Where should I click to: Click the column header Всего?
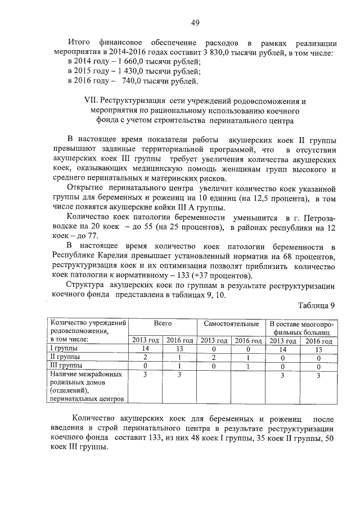(x=163, y=324)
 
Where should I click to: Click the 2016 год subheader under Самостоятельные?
(x=248, y=341)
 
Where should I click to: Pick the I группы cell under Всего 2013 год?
(x=146, y=349)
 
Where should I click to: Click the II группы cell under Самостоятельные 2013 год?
(x=214, y=357)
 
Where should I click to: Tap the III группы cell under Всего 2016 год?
(x=179, y=365)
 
